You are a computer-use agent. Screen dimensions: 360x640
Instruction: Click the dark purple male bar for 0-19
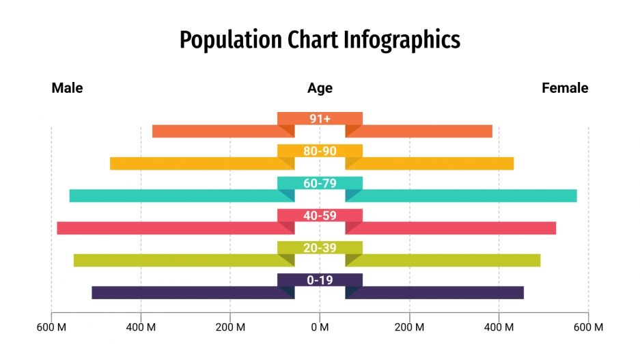184,292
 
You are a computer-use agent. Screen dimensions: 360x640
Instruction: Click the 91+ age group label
320,119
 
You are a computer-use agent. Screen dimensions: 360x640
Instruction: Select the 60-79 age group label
320,183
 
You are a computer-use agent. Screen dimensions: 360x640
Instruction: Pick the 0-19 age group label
320,280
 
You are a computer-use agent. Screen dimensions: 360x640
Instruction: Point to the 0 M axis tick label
320,327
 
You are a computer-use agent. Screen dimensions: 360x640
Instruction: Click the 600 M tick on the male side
51,327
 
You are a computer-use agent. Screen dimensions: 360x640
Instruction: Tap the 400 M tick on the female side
499,327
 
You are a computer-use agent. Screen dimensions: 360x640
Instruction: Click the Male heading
67,88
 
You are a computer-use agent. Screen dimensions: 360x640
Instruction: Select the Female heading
565,88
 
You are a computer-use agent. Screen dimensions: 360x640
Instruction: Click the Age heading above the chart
320,88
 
